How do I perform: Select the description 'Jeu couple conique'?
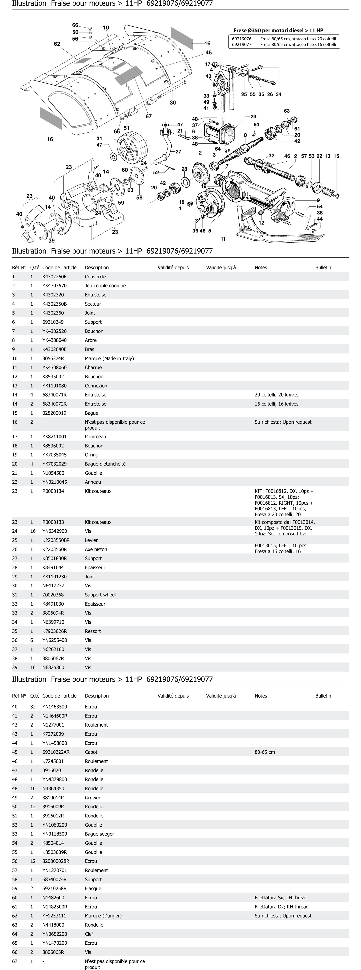[x=105, y=286]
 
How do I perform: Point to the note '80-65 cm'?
[x=265, y=752]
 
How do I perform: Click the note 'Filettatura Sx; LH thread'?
[x=281, y=898]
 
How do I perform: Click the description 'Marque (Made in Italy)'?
[x=109, y=358]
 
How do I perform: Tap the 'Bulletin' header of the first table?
[x=323, y=268]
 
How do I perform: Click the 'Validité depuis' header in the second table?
[x=173, y=696]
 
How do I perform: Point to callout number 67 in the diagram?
[x=149, y=116]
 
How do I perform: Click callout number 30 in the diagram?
[x=173, y=102]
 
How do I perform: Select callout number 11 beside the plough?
[x=223, y=239]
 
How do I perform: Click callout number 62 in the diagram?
[x=57, y=44]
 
